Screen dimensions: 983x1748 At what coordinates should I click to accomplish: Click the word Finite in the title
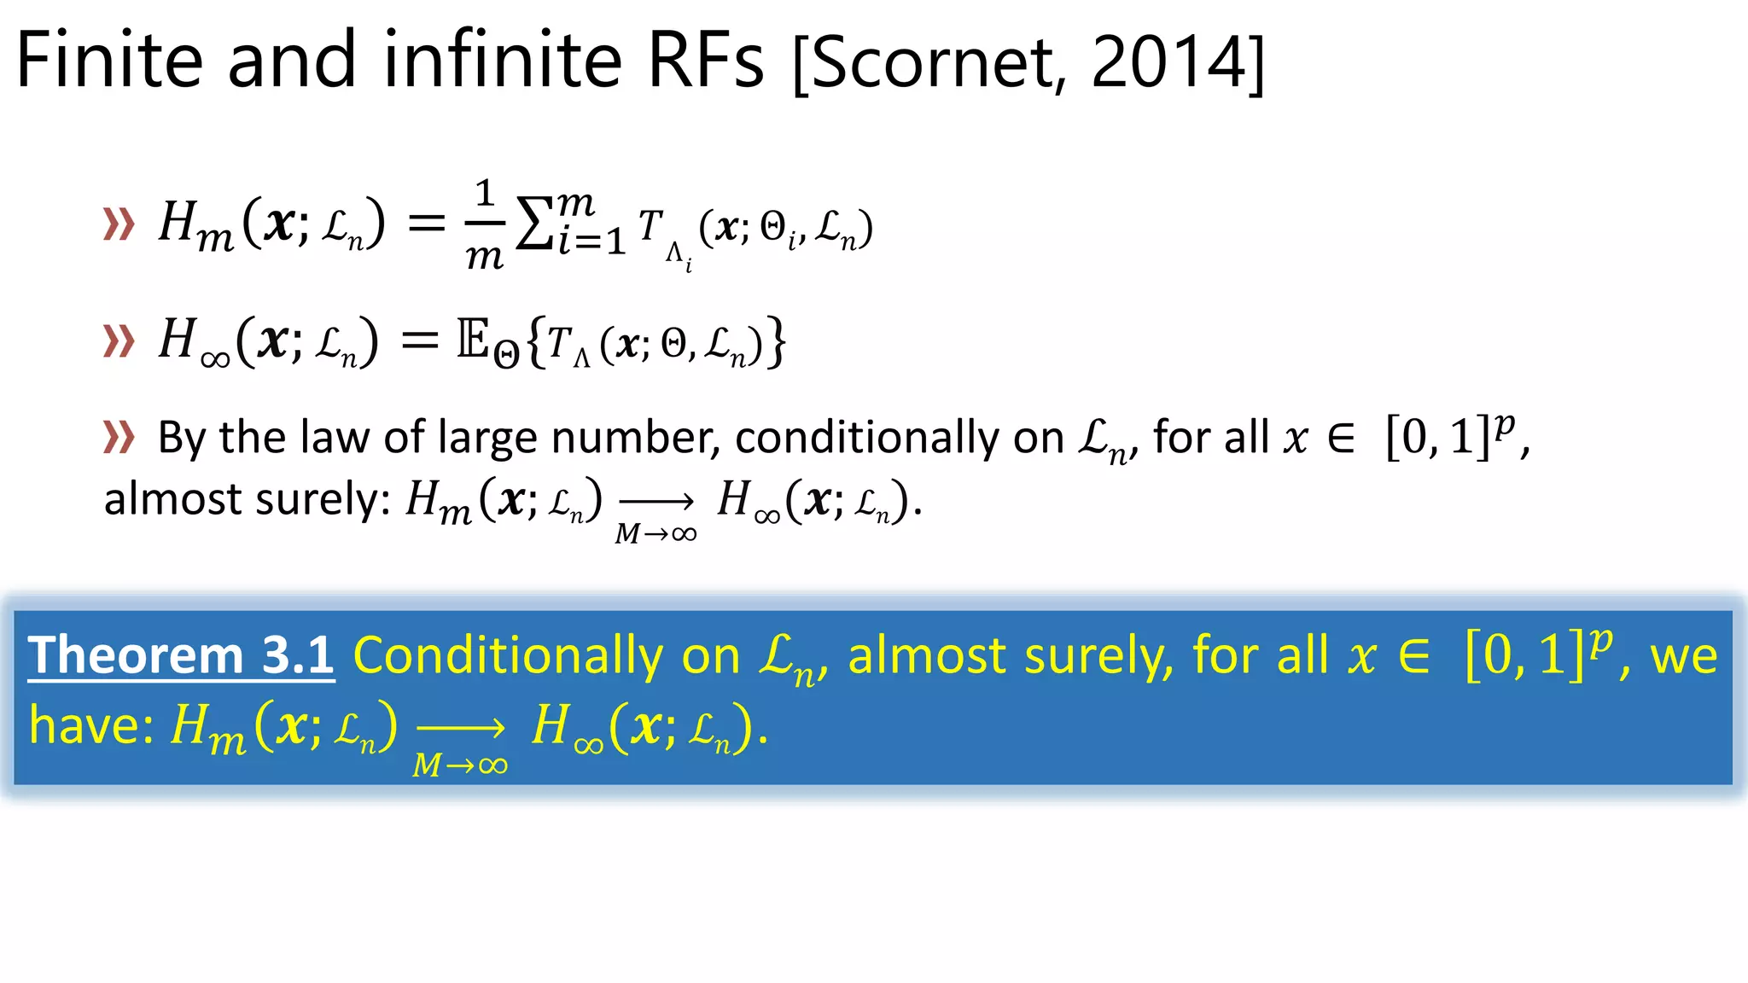click(109, 60)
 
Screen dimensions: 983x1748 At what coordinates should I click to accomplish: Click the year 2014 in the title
click(1169, 61)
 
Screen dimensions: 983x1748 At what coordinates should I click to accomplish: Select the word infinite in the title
click(503, 60)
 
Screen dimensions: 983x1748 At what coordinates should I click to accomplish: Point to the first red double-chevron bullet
click(119, 224)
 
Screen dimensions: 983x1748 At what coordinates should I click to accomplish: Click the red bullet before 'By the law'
click(119, 437)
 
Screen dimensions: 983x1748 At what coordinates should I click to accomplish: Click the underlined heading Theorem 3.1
click(181, 655)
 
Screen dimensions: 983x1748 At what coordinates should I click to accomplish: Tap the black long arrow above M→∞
click(655, 502)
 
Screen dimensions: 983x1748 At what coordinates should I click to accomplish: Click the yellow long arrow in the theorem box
click(461, 728)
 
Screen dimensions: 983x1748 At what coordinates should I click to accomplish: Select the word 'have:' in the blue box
click(91, 727)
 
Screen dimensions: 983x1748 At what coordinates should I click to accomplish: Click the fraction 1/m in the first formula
click(485, 225)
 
